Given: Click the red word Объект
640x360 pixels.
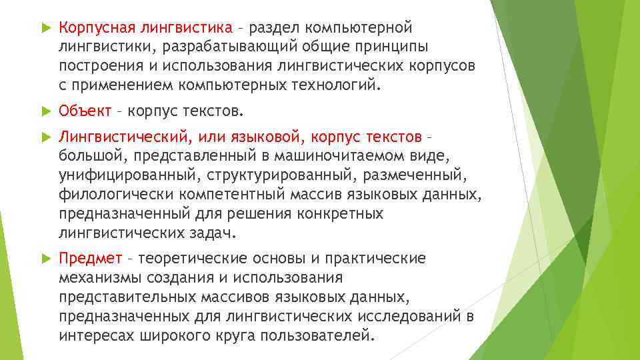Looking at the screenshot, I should coord(85,110).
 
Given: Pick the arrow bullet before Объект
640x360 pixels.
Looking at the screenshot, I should coord(43,110).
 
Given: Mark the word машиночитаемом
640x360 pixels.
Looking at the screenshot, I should coord(333,156).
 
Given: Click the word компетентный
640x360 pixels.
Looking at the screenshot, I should coord(231,195).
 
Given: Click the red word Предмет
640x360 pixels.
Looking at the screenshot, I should coord(90,258).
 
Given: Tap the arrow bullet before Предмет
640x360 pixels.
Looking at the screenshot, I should coord(43,258).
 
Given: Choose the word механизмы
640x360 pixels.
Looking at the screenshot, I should coord(99,277).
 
